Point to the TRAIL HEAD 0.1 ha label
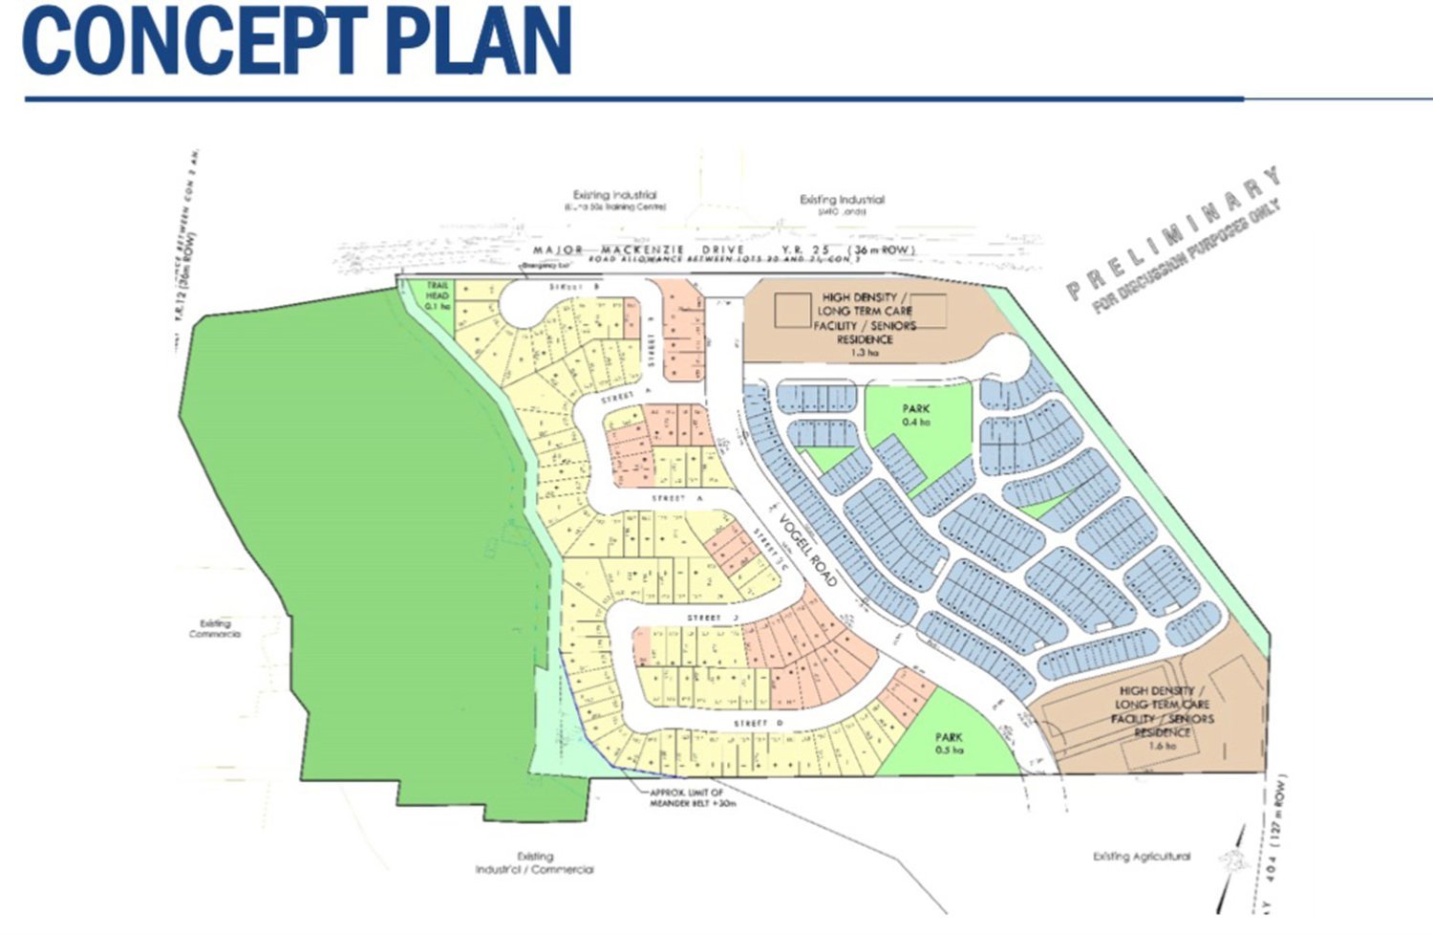pyautogui.click(x=438, y=296)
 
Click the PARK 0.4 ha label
pyautogui.click(x=916, y=415)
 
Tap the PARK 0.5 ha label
pyautogui.click(x=949, y=743)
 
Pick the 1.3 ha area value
pyautogui.click(x=864, y=353)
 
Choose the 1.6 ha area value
pyautogui.click(x=1163, y=746)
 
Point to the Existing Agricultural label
pyautogui.click(x=1142, y=857)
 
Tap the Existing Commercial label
pyautogui.click(x=215, y=628)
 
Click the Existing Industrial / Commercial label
pyautogui.click(x=534, y=863)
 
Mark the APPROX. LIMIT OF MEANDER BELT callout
pyautogui.click(x=686, y=797)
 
